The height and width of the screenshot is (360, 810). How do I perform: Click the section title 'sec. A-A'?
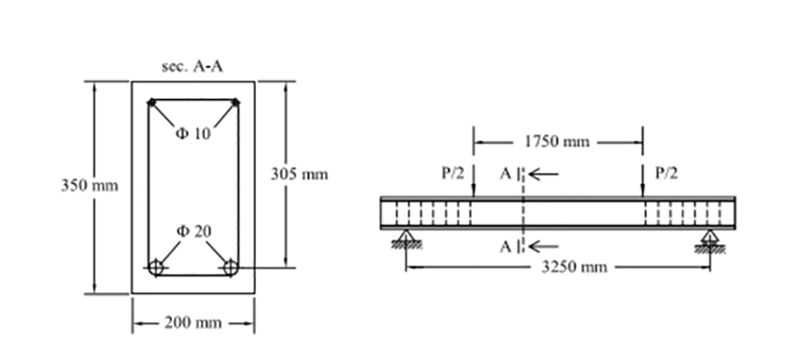tap(192, 67)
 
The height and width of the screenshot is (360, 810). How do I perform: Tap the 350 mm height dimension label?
tap(89, 185)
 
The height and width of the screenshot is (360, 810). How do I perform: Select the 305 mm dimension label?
tap(299, 175)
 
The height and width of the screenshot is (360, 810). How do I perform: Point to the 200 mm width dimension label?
tap(193, 323)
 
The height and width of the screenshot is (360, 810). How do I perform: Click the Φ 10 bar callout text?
tap(193, 134)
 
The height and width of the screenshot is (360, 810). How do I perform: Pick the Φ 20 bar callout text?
tap(193, 231)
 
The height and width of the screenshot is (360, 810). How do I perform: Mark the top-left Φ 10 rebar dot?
tap(152, 102)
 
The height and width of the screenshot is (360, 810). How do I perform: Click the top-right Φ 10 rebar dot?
tap(235, 102)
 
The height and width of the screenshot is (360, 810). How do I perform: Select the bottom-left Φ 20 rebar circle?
tap(156, 268)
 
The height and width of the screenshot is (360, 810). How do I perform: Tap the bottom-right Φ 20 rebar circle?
tap(230, 268)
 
